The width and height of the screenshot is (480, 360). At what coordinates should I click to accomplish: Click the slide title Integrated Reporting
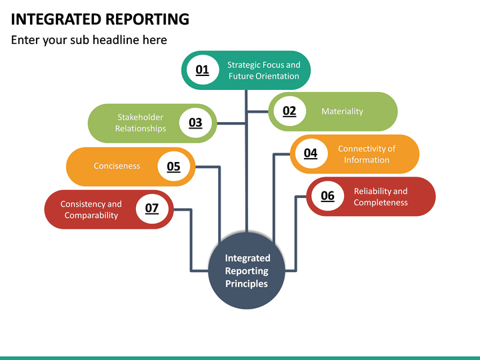100,19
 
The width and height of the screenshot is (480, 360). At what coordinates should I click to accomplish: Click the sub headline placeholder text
89,40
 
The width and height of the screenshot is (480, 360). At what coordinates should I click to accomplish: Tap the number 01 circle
202,70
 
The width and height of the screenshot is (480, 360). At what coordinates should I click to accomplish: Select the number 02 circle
289,111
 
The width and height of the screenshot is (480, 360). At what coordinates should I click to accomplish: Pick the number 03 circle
195,123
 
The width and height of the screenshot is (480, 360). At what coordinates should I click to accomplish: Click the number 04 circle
311,153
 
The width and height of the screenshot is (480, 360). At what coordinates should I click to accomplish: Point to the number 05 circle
173,166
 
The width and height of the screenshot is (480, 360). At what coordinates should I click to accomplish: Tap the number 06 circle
327,196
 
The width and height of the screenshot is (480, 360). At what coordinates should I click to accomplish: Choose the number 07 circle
152,209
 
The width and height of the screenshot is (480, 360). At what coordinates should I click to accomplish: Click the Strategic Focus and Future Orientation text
264,70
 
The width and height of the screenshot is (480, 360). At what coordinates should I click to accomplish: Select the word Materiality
342,111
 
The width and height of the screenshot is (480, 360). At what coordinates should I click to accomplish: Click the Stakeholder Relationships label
141,123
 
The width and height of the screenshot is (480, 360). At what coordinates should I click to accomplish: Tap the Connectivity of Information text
367,154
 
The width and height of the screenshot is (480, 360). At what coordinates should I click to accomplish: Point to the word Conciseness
117,166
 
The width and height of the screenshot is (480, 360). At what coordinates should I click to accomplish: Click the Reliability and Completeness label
381,197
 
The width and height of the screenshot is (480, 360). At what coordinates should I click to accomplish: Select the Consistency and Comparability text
91,209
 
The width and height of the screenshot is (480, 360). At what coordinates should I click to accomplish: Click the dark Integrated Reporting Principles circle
247,271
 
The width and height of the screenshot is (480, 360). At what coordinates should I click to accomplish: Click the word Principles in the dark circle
247,284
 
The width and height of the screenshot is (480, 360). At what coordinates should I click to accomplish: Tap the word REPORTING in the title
147,19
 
